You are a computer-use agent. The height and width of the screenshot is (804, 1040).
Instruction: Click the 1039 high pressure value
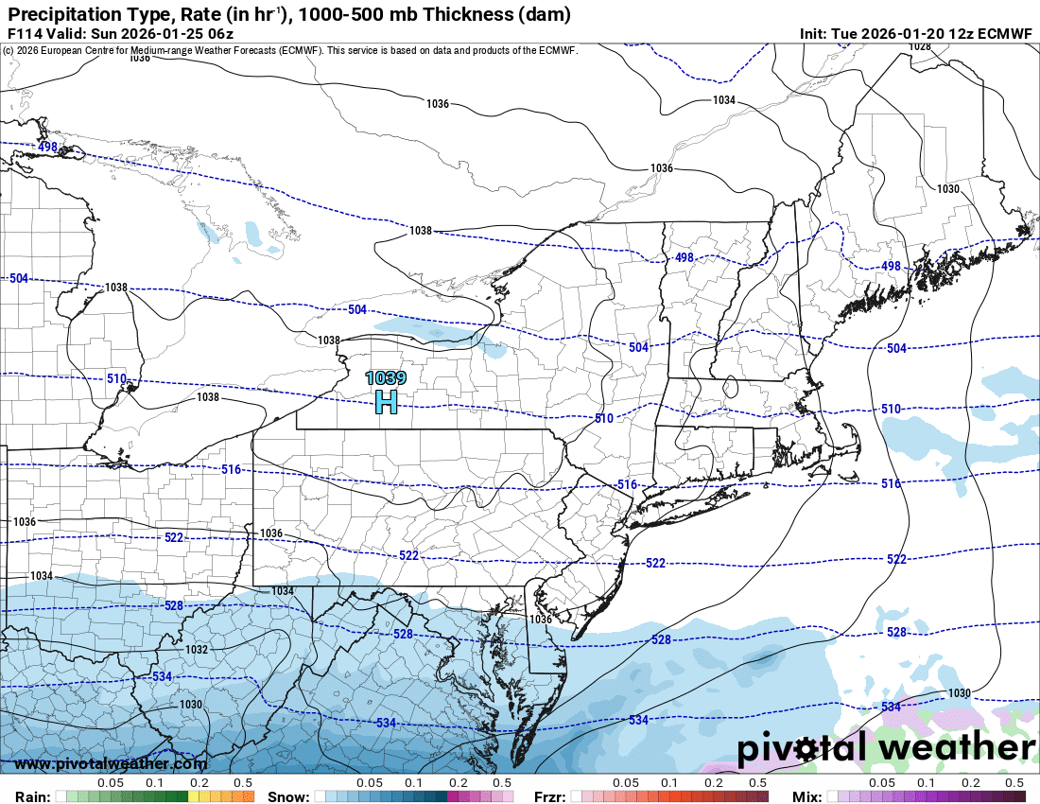point(386,378)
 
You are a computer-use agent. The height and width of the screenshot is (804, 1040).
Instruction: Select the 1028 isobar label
point(919,46)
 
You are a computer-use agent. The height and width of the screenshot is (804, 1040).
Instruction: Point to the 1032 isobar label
point(197,650)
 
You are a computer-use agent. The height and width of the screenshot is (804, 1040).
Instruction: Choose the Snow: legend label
point(288,796)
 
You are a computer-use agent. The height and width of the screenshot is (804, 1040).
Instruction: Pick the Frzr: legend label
point(549,796)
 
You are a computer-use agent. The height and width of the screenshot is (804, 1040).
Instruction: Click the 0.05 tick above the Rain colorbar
point(111,783)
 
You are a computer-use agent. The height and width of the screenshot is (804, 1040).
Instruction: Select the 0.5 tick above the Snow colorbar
point(502,783)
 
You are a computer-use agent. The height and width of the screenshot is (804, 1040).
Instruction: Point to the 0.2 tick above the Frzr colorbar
point(714,783)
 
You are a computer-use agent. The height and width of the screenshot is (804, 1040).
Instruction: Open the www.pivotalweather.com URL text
point(111,763)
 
